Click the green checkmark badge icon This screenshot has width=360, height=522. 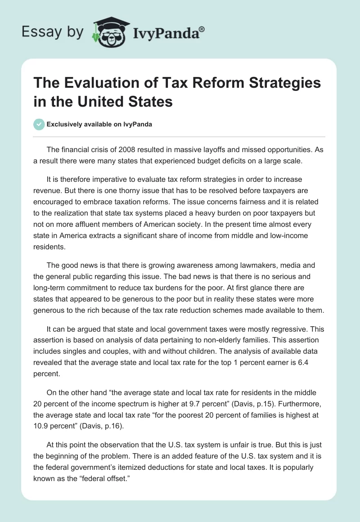(x=39, y=124)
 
